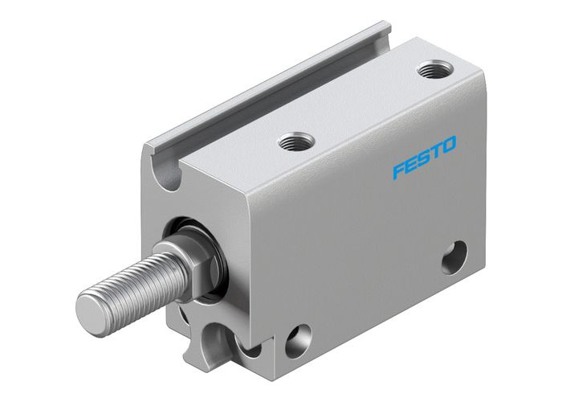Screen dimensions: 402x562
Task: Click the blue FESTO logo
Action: (424, 158)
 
